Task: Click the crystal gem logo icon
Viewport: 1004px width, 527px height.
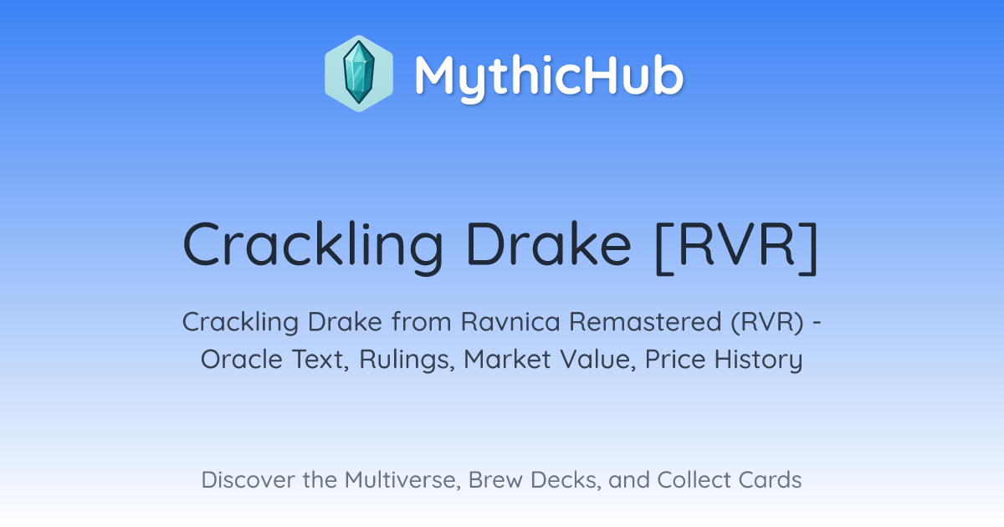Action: pos(359,74)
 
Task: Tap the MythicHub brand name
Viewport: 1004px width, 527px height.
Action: pos(549,77)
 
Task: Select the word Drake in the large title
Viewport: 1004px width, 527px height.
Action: pos(549,244)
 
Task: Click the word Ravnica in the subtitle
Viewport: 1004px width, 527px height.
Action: pos(510,322)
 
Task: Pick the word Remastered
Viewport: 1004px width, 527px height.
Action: pos(645,322)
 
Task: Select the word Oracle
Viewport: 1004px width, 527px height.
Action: pos(241,360)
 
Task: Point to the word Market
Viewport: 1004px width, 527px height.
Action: pos(507,360)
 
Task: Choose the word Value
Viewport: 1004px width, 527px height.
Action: pos(597,360)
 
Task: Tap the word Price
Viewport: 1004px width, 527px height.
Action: pos(675,360)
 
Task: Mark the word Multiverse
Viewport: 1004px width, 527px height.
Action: pos(402,480)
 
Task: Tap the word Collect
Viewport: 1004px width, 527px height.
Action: pos(694,480)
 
